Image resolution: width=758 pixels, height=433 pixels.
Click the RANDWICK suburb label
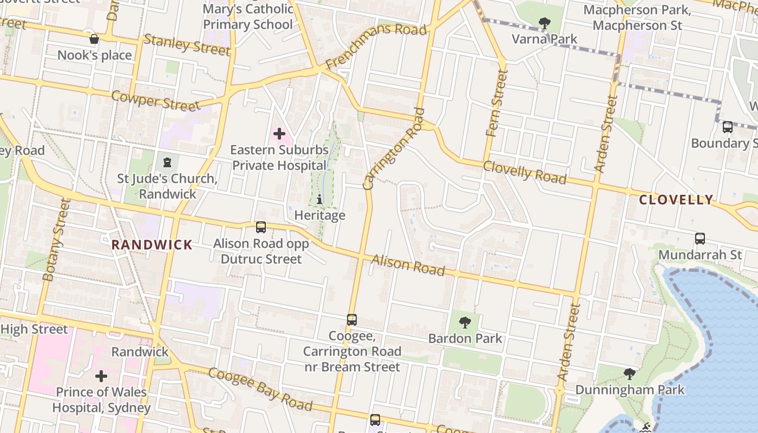tap(152, 245)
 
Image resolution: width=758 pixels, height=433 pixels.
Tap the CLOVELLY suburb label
tap(676, 200)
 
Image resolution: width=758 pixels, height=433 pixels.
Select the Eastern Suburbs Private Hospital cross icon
tap(279, 134)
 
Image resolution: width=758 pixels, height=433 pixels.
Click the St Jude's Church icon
tap(167, 162)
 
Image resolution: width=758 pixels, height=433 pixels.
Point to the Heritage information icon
tap(319, 200)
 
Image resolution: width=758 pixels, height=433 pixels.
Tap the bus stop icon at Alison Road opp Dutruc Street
tap(261, 227)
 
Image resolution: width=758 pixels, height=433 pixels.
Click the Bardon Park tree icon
tap(465, 323)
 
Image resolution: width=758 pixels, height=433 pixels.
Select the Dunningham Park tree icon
tap(629, 374)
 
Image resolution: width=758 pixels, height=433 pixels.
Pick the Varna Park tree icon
tap(545, 23)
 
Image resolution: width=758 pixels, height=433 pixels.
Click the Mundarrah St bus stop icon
tap(700, 239)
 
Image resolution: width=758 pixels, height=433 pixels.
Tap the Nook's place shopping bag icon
tap(94, 39)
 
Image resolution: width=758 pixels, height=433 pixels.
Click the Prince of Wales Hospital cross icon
tap(101, 376)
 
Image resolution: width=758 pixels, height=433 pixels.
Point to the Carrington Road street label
tap(394, 149)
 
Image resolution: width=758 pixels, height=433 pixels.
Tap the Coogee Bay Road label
tap(260, 389)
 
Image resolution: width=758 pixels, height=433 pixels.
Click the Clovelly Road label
tap(524, 172)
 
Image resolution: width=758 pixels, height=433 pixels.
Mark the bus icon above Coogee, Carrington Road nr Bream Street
tap(352, 320)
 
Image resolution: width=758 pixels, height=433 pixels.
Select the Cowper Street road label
tap(156, 101)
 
